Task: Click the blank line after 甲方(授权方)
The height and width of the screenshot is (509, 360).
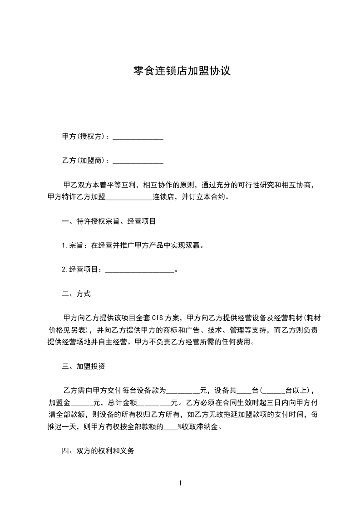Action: tap(138, 137)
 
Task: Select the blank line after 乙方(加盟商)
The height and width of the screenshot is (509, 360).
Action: tap(138, 161)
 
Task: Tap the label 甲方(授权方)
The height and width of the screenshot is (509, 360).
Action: tap(85, 137)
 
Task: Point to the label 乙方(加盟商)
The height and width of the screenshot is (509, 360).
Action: tap(85, 161)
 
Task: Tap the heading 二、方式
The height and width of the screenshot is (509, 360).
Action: tap(76, 294)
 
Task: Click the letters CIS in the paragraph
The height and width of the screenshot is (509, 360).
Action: tap(157, 318)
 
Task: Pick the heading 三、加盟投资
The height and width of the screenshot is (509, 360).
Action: tap(84, 366)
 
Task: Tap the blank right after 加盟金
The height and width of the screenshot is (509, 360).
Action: tap(82, 402)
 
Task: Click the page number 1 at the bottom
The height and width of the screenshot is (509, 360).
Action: tap(180, 483)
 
